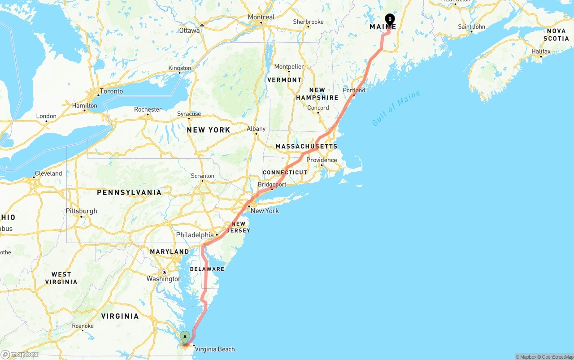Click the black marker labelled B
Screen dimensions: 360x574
[x=390, y=20]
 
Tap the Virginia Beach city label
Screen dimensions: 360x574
[x=215, y=349]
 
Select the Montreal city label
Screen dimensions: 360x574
[x=261, y=17]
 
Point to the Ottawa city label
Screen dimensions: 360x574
[x=189, y=30]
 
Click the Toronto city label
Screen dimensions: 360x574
[x=111, y=91]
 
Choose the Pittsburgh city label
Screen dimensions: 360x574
[x=81, y=211]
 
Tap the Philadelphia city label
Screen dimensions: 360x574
[x=195, y=235]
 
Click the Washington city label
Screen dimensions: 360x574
[x=164, y=279]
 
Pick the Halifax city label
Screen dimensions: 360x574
[x=541, y=52]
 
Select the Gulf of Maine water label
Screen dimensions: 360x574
[x=396, y=108]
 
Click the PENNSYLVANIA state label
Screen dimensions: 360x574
[x=129, y=192]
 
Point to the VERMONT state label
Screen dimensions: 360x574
[x=284, y=80]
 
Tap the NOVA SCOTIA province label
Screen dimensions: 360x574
[x=557, y=35]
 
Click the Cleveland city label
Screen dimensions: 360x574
[x=48, y=173]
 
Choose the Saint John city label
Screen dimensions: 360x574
[x=471, y=27]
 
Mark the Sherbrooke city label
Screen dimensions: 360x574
[x=308, y=22]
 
